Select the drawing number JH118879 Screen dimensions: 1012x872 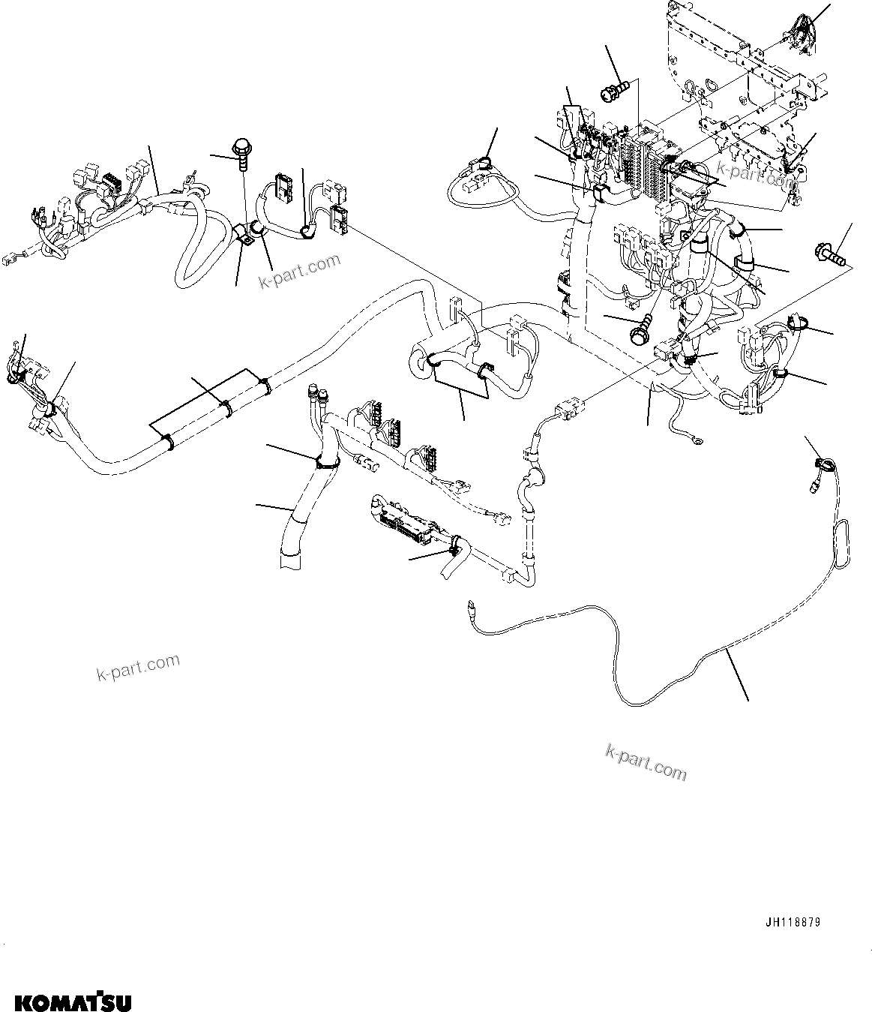click(793, 923)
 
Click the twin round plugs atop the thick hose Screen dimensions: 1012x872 click(315, 394)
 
